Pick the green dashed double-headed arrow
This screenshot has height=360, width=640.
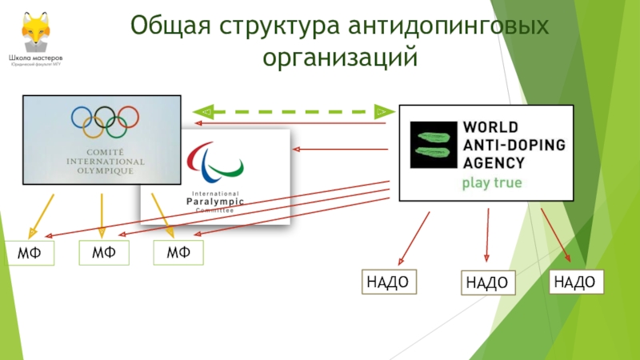click(293, 110)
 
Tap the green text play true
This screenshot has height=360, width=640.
click(490, 183)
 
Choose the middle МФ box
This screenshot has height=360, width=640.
click(104, 253)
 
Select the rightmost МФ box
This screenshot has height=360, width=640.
click(178, 253)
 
